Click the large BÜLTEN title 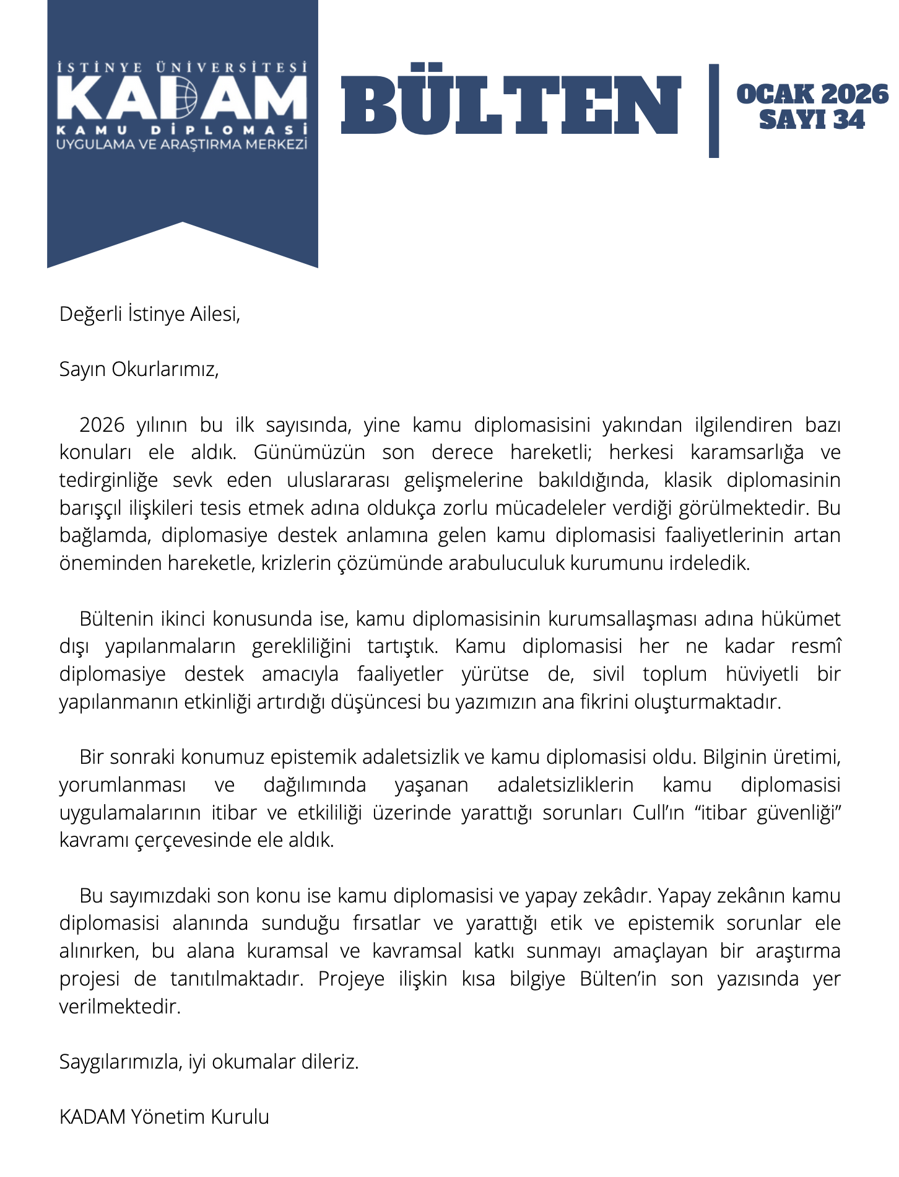[x=511, y=104]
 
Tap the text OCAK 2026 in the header [x=812, y=94]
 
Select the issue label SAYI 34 [x=812, y=120]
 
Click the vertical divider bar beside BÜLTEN [x=714, y=110]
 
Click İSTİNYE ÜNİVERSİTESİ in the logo [x=182, y=67]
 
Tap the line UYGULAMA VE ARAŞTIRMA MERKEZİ [x=182, y=145]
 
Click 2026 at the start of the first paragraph [x=102, y=426]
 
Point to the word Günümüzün [x=309, y=453]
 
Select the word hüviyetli [x=762, y=674]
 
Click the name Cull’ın [x=658, y=813]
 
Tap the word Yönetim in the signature [x=168, y=1118]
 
